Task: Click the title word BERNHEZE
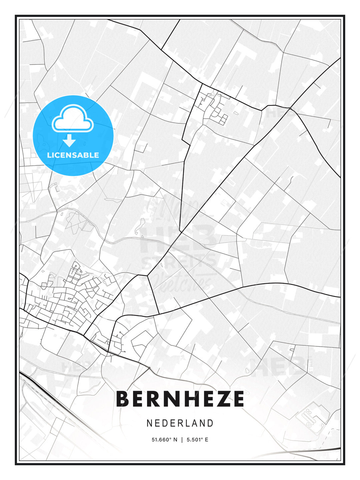pos(180,399)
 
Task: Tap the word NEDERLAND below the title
pos(180,423)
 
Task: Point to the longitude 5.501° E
pos(197,440)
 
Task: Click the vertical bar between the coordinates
pos(182,440)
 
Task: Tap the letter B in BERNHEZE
pos(122,399)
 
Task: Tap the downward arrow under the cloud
pos(69,141)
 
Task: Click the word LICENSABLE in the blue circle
pos(73,155)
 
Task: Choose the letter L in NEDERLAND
pos(189,423)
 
